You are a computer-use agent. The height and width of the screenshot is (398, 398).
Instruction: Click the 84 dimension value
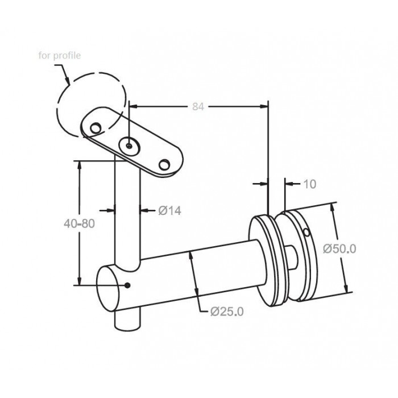198,107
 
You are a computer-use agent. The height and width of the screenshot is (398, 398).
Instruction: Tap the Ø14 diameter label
170,211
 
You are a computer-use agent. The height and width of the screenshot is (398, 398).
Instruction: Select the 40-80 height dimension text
79,223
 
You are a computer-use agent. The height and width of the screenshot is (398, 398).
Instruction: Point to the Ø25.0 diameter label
227,312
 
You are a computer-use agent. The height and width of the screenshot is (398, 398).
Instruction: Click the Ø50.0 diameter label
339,249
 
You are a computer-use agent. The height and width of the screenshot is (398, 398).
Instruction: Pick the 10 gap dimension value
310,184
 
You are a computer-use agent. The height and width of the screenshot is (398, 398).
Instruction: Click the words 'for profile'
60,55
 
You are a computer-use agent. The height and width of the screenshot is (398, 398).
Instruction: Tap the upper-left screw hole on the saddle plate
96,128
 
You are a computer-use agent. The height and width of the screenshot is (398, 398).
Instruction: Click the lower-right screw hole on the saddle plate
164,165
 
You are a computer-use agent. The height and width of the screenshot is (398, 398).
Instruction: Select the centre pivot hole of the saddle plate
130,146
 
